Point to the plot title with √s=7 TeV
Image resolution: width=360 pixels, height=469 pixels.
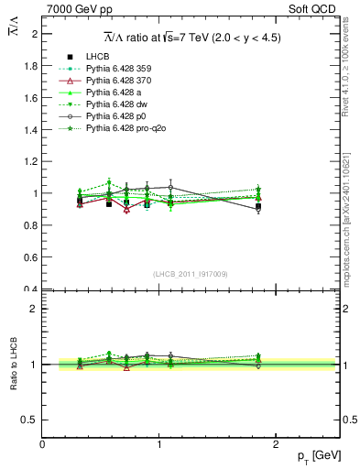[x=191, y=38]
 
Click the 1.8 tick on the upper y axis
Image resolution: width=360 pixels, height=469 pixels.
[x=30, y=66]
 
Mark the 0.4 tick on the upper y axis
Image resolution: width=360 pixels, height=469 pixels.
[x=30, y=289]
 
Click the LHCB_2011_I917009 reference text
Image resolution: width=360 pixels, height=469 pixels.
[x=191, y=274]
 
